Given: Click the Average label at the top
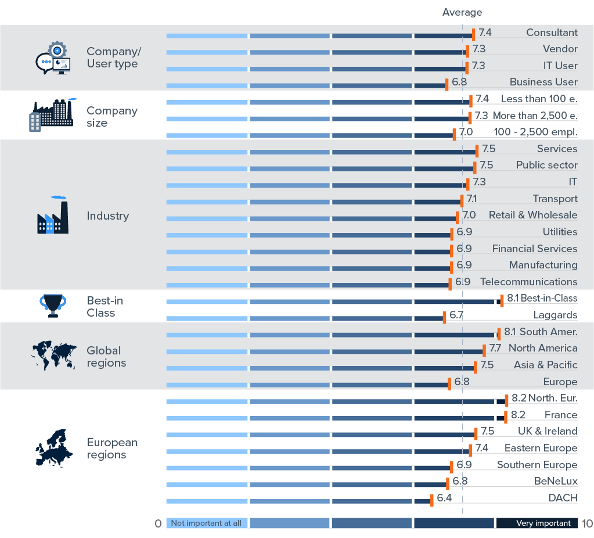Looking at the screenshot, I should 462,12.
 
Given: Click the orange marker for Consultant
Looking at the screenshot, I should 474,35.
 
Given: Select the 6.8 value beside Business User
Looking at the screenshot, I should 459,82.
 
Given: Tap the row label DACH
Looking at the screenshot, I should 563,498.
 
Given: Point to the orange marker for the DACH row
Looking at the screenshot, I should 431,500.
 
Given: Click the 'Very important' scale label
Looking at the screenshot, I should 543,523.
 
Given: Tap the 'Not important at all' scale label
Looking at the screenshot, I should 206,523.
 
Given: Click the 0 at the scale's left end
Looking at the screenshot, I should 158,523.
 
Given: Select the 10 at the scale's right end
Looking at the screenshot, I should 586,523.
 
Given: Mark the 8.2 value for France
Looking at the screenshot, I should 518,415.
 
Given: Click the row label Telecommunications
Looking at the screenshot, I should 528,282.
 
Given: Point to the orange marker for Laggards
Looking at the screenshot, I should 444,317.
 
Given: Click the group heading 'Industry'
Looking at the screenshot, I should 107,216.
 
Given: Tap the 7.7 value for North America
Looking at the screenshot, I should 495,348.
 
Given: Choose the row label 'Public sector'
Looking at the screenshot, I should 546,165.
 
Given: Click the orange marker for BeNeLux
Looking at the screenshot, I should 448,483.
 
